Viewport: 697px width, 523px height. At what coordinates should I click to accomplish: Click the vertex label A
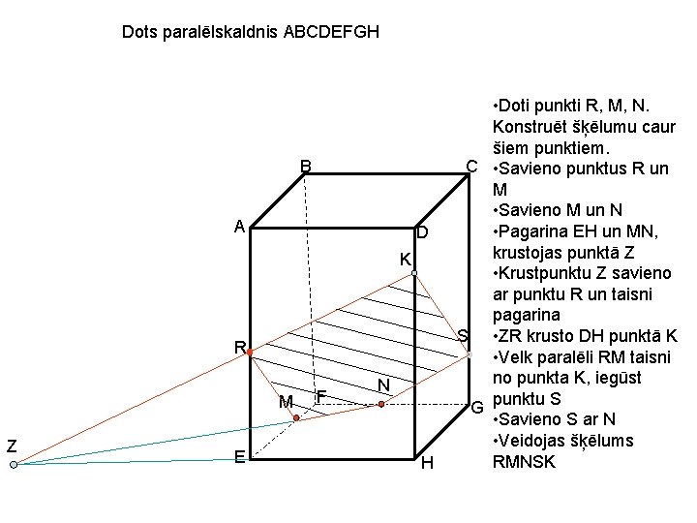click(x=238, y=227)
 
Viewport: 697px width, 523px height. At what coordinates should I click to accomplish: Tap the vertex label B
click(x=305, y=167)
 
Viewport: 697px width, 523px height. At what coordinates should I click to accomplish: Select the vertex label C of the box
click(x=471, y=166)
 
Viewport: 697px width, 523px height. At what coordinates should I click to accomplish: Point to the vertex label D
click(x=421, y=234)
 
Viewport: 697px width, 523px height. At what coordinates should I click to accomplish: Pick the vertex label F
click(x=321, y=395)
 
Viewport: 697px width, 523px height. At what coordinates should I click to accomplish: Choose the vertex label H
click(x=427, y=464)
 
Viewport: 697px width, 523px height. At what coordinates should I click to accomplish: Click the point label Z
click(x=12, y=446)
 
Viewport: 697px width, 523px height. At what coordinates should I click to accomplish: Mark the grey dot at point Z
click(x=14, y=466)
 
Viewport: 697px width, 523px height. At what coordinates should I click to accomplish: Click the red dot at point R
click(x=249, y=354)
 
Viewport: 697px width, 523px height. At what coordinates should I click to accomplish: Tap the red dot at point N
click(x=381, y=405)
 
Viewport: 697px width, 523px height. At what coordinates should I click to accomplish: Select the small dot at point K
click(x=413, y=274)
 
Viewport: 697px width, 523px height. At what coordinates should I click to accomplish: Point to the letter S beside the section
click(x=463, y=336)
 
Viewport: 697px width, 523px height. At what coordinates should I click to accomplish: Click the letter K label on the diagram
click(x=406, y=260)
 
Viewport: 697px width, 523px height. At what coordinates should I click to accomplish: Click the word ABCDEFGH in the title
click(x=331, y=32)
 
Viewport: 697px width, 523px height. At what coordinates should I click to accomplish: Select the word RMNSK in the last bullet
click(x=525, y=462)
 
